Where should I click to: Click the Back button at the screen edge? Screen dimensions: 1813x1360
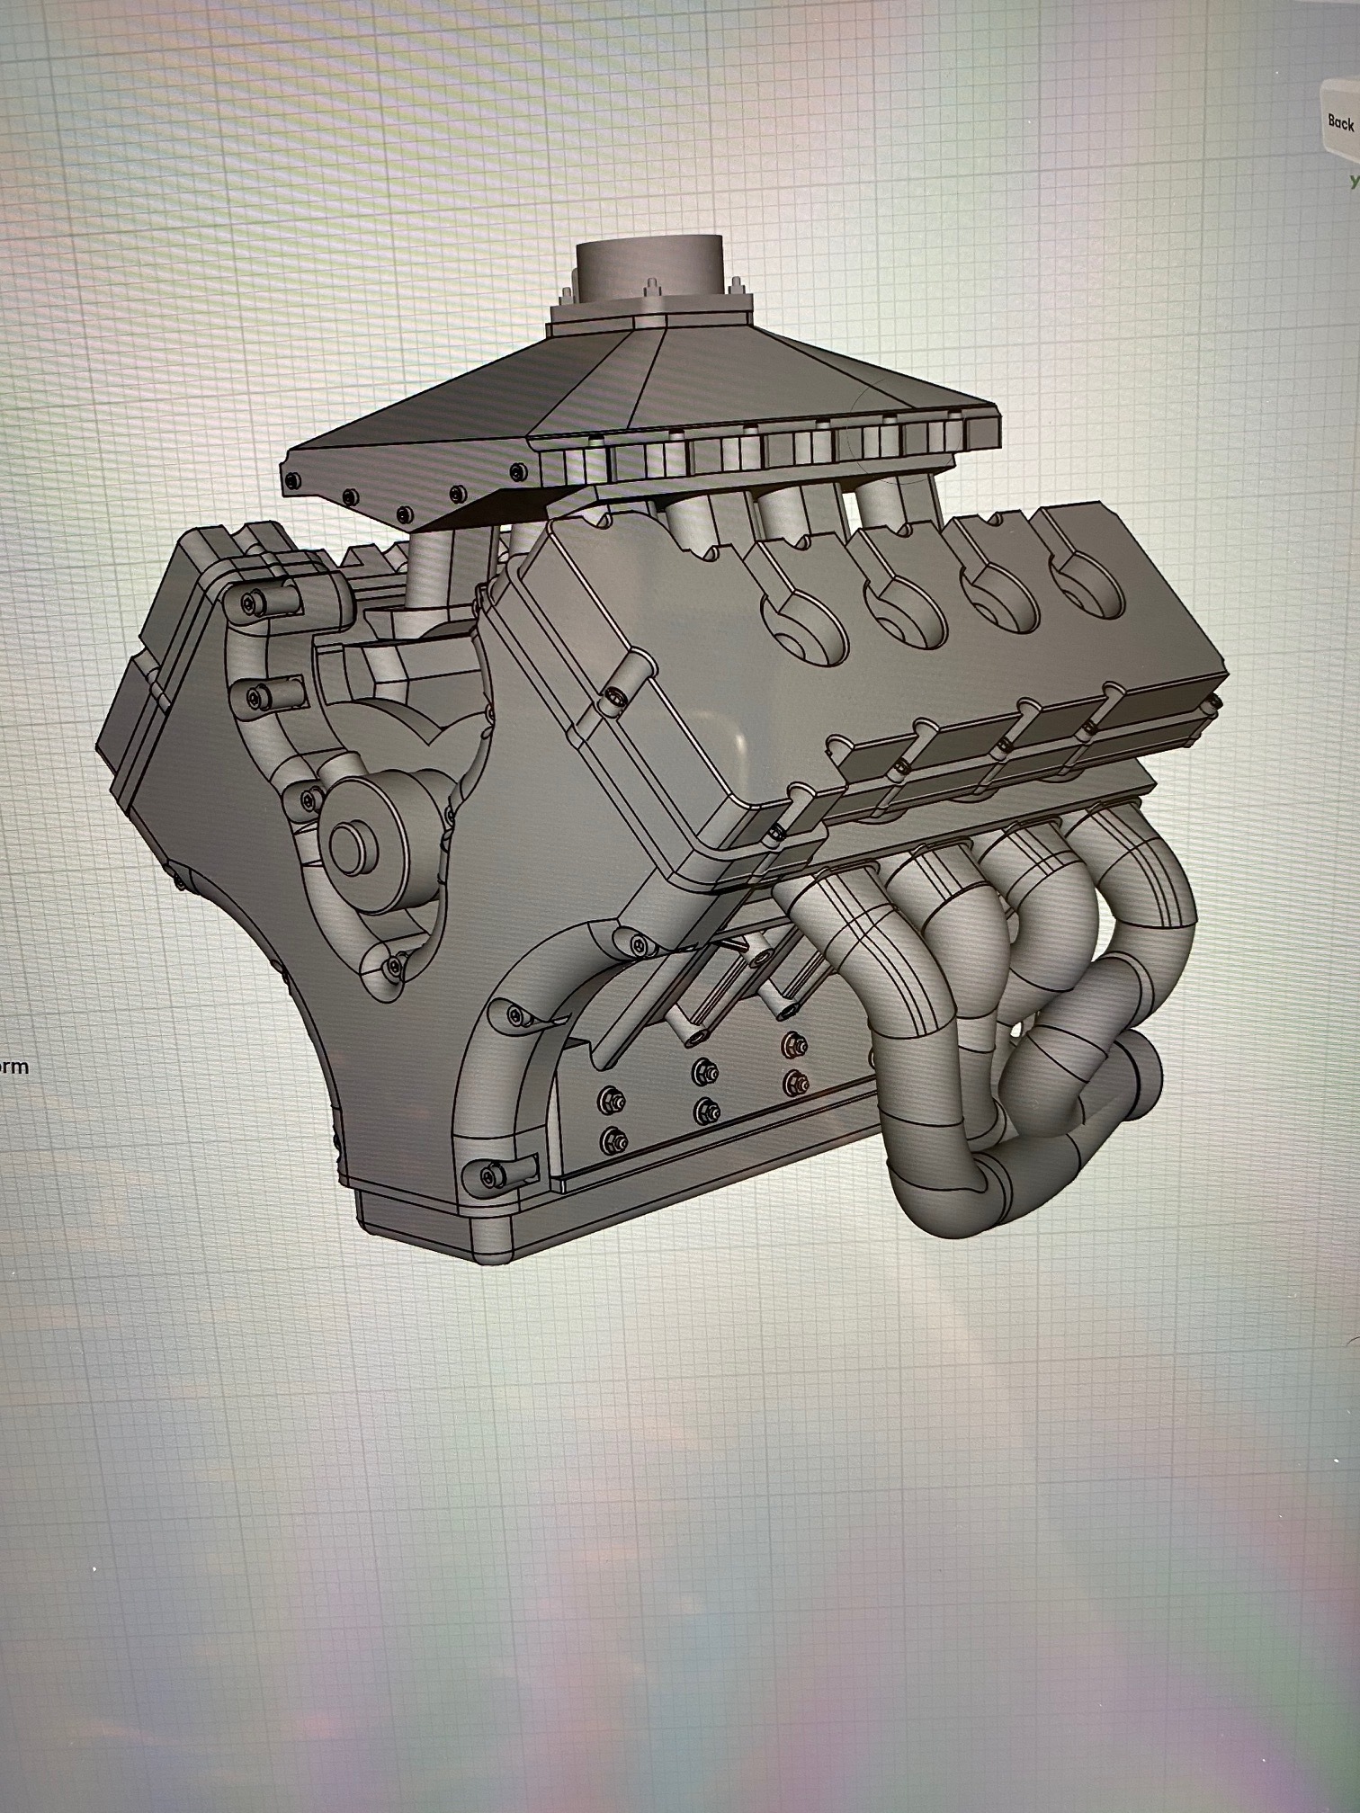pyautogui.click(x=1340, y=121)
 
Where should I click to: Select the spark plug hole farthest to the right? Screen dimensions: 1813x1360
pyautogui.click(x=1089, y=589)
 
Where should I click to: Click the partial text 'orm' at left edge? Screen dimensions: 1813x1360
pyautogui.click(x=13, y=1067)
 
